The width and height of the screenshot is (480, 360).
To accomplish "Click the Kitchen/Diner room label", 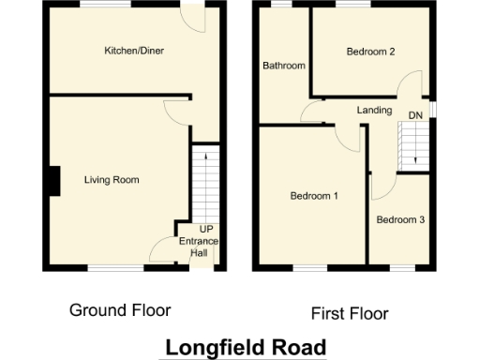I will [x=134, y=51].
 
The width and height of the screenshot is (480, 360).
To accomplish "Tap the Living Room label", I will [x=112, y=179].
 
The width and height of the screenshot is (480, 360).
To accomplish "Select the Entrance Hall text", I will [x=199, y=247].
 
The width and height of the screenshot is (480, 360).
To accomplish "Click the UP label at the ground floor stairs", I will [x=204, y=230].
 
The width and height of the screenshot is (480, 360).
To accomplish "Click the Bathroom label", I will [x=283, y=66].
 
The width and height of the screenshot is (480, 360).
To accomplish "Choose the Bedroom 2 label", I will [x=369, y=52].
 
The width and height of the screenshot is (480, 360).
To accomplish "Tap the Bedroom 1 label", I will [x=313, y=196].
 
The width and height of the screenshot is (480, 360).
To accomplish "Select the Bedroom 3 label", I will [x=400, y=219].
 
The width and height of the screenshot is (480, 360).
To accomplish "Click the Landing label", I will [x=374, y=110].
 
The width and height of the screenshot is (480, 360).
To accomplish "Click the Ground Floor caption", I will [x=120, y=310].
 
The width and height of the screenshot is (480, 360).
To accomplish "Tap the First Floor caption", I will [x=349, y=313].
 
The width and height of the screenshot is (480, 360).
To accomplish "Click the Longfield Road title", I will [x=245, y=347].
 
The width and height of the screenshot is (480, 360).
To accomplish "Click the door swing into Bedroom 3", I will [x=381, y=185].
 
